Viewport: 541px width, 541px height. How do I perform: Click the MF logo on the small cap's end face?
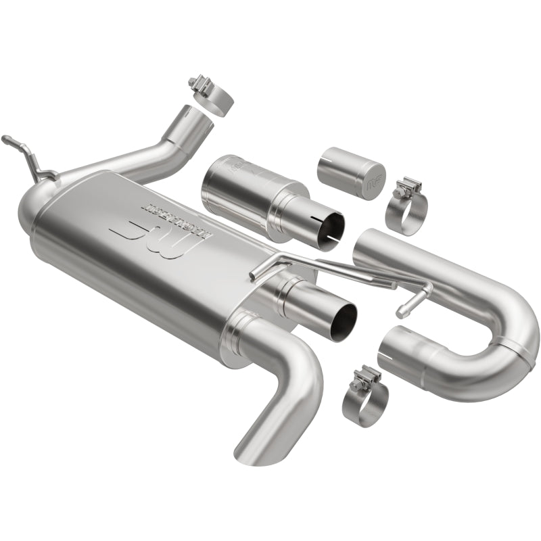372,183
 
